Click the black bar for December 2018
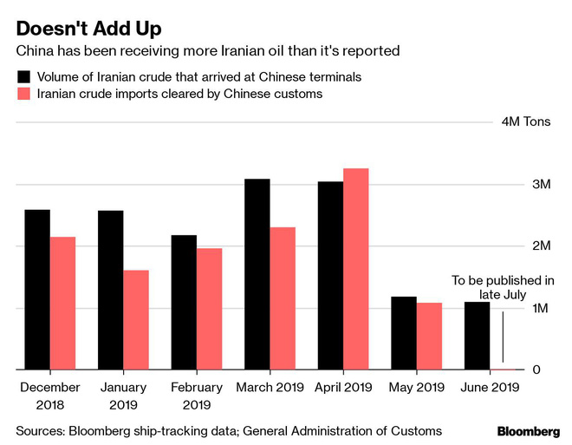(37, 290)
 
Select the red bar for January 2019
(136, 320)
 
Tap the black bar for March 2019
(257, 274)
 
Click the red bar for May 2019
(429, 337)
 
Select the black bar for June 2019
(478, 336)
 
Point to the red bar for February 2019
(209, 309)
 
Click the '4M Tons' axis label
(527, 121)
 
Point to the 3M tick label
(542, 185)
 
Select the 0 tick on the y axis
(547, 370)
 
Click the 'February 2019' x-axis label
(196, 396)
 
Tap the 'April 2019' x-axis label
(344, 388)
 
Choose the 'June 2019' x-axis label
(491, 388)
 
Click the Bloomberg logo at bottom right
(529, 431)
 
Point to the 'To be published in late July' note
(503, 287)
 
